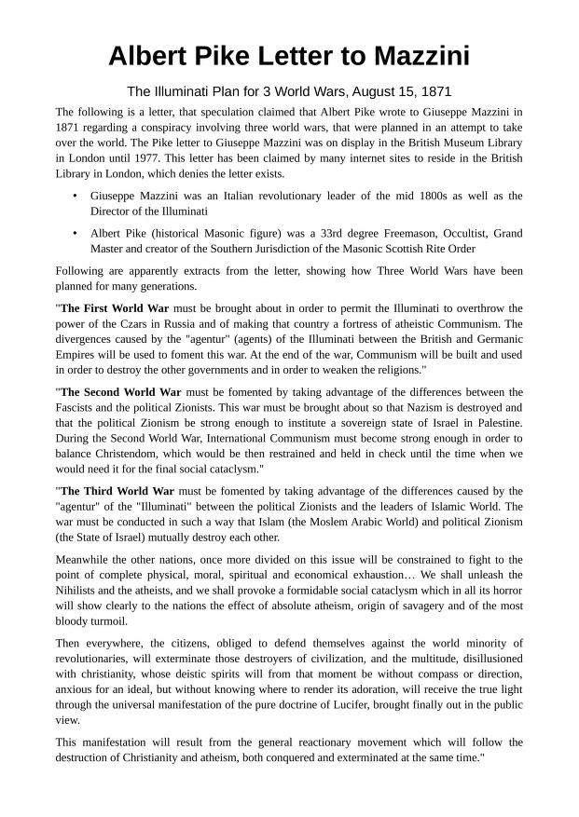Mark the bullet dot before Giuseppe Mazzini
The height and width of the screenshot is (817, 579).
tap(75, 197)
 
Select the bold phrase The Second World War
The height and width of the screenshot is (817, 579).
tap(119, 392)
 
